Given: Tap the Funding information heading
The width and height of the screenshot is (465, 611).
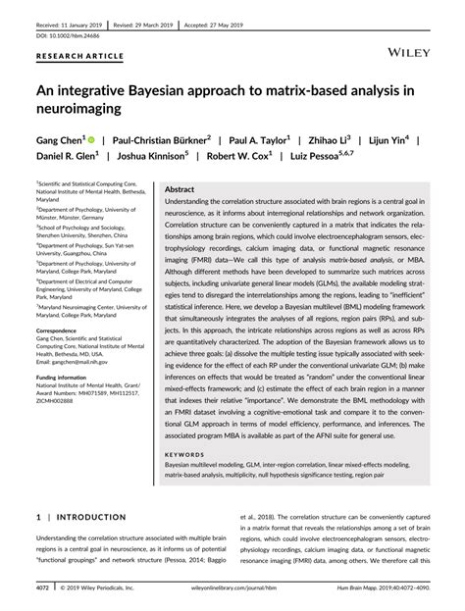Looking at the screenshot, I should (69, 377).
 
